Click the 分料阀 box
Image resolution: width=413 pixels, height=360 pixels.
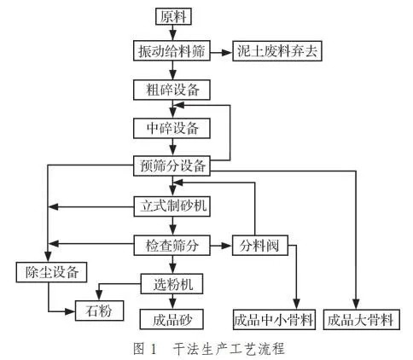tap(260, 246)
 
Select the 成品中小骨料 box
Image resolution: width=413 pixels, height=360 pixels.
tap(275, 320)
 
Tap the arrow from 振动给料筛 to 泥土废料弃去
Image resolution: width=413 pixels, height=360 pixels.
tap(220, 51)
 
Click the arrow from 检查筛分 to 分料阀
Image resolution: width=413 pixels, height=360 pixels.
tap(220, 246)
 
